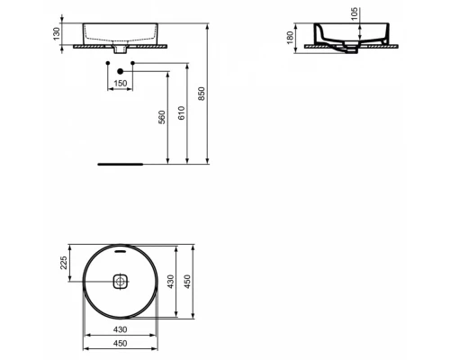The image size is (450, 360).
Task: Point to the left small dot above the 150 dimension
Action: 106,63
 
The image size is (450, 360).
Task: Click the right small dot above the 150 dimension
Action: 132,63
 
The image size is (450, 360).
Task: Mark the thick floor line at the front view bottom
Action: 120,166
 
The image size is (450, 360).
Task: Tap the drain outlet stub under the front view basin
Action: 119,51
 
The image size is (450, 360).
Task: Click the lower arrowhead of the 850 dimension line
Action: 208,163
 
